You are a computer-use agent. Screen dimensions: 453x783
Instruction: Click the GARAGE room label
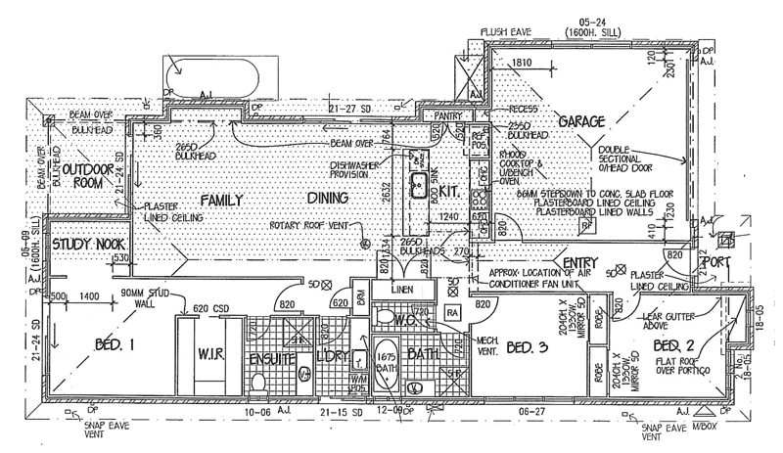pyautogui.click(x=581, y=121)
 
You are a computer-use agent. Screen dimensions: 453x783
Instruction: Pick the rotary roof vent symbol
pyautogui.click(x=363, y=243)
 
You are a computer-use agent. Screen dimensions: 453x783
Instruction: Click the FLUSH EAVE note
pyautogui.click(x=507, y=32)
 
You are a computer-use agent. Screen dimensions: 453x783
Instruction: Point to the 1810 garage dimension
pyautogui.click(x=522, y=63)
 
